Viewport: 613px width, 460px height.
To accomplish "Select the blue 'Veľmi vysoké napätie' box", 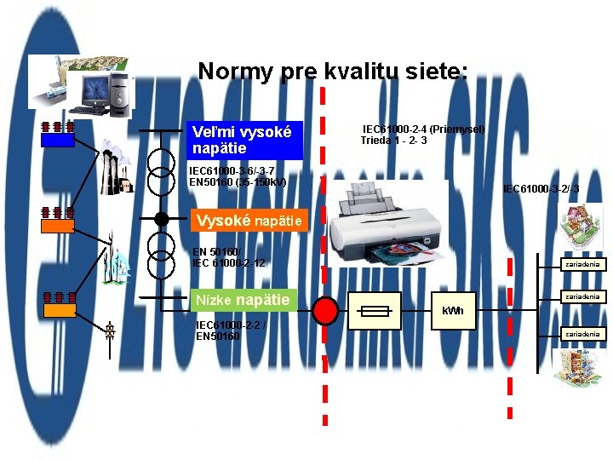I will click(245, 141).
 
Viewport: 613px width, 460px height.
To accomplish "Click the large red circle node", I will click(325, 311).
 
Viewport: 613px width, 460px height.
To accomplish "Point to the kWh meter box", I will click(453, 311).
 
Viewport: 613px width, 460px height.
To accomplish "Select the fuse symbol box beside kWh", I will click(375, 311).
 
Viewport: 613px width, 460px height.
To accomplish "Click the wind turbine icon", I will click(113, 253).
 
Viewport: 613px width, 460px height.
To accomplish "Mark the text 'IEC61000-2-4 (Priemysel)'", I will click(423, 129).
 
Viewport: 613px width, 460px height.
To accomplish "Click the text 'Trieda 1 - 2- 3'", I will click(393, 140).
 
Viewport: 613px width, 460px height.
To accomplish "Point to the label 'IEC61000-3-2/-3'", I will click(541, 188).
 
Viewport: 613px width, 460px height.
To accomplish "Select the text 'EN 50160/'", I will click(218, 252).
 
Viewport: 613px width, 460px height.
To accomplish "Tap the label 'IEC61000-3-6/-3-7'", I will click(232, 171).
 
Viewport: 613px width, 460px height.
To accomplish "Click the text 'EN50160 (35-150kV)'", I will click(238, 182).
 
